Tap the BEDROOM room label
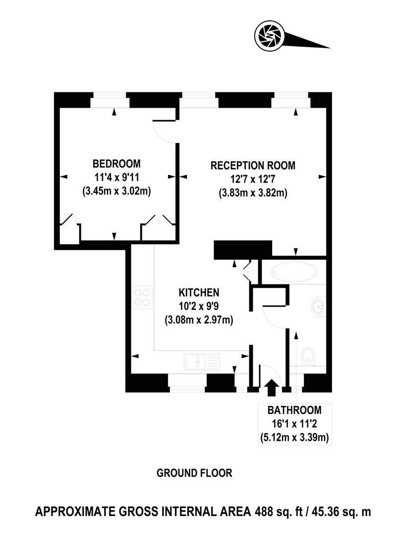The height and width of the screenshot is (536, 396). pyautogui.click(x=116, y=164)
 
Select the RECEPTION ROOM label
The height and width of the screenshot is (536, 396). pyautogui.click(x=253, y=166)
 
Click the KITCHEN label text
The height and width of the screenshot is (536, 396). pyautogui.click(x=199, y=293)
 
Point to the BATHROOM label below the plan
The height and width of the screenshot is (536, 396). pyautogui.click(x=294, y=410)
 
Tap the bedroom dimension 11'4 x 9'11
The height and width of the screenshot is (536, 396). pyautogui.click(x=116, y=177)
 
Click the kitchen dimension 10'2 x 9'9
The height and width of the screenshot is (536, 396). pyautogui.click(x=199, y=307)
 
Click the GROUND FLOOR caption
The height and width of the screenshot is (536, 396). pyautogui.click(x=194, y=473)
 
